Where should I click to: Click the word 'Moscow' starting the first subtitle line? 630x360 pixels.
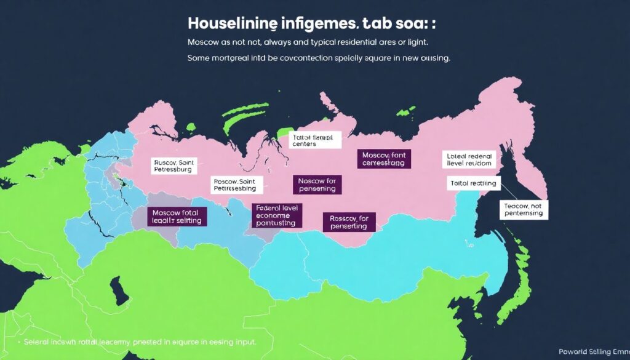[204, 42]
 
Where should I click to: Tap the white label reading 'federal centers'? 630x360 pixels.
[314, 140]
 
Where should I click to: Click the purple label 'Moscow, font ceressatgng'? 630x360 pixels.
[383, 159]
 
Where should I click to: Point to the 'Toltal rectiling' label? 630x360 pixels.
[473, 183]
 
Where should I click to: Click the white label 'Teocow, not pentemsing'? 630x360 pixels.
[523, 209]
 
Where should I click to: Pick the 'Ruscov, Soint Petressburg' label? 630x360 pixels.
[173, 165]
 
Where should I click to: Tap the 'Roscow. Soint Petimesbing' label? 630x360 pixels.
[237, 185]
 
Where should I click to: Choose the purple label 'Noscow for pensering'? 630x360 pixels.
[317, 185]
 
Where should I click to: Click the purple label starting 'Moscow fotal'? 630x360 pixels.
[177, 215]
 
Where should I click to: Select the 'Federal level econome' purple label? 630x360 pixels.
[276, 216]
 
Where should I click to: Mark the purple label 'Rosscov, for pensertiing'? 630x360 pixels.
[349, 222]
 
